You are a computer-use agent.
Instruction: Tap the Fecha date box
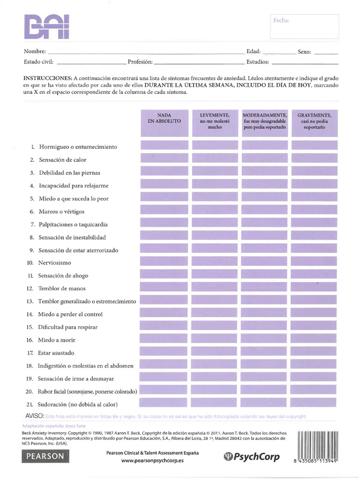coord(304,27)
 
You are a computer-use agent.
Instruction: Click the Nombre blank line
coord(146,52)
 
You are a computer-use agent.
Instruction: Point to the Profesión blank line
coord(199,62)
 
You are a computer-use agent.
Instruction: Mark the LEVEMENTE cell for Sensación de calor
coord(215,158)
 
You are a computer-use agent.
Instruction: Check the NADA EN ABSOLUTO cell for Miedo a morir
coord(164,338)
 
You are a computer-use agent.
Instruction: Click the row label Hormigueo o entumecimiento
coord(78,147)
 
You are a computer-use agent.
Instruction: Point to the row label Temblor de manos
coord(62,288)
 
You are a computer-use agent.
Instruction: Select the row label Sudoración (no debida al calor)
coord(78,404)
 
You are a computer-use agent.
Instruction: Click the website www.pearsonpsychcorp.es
coord(152,461)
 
